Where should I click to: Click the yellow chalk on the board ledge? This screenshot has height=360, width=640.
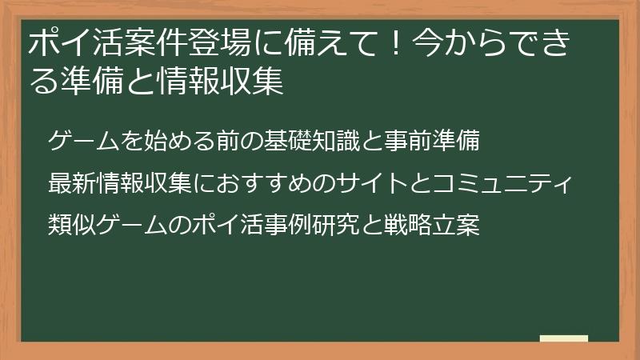coord(564,339)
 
